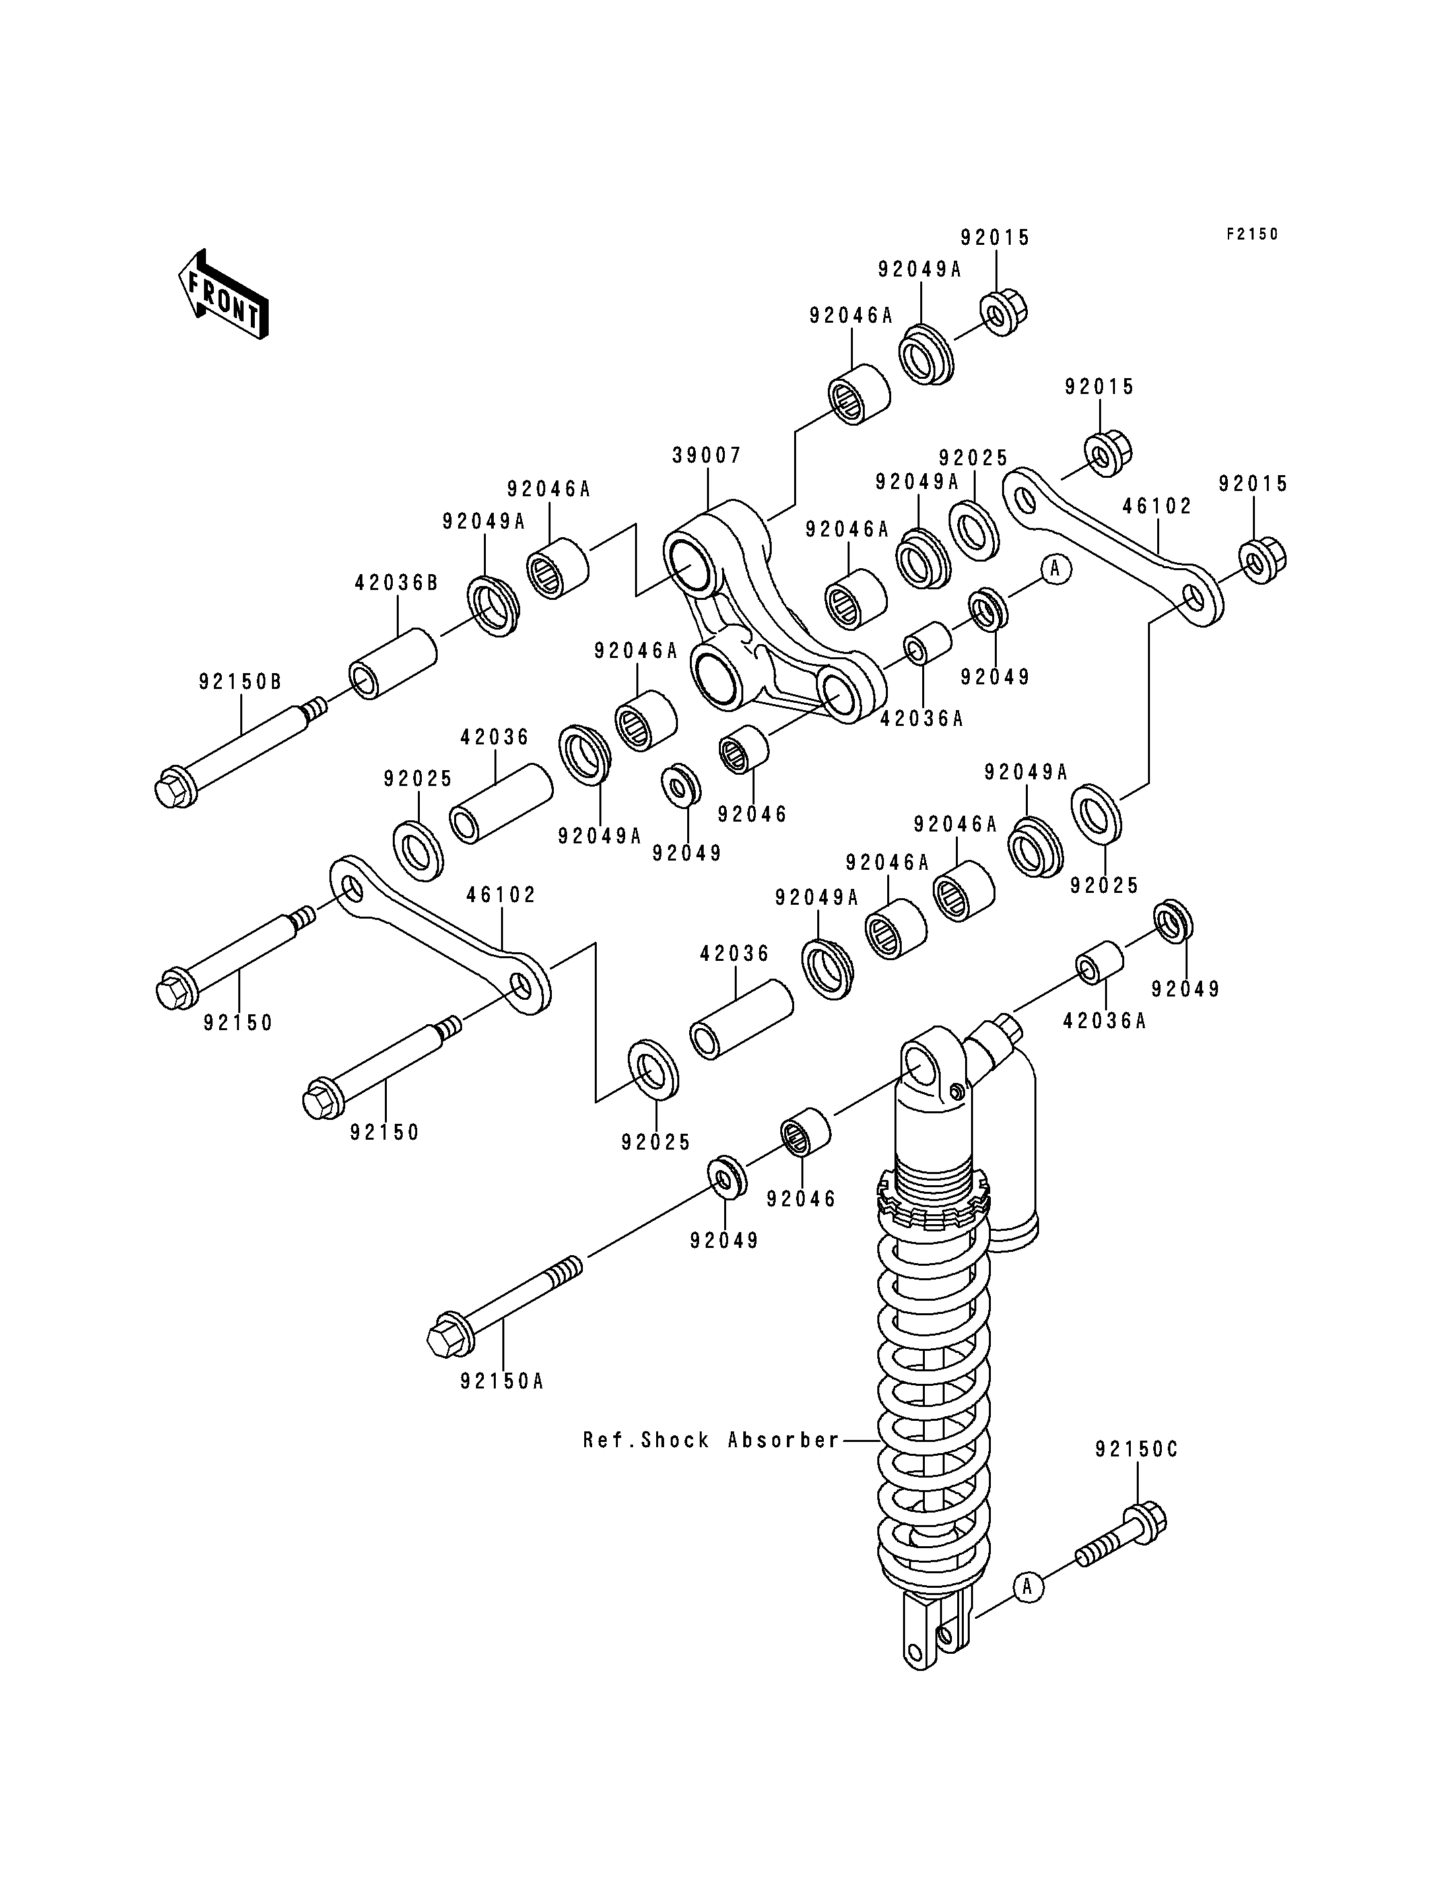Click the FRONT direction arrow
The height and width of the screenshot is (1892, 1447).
tap(223, 294)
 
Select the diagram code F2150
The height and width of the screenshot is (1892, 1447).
tap(1252, 234)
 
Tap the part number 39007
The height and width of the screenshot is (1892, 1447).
tap(706, 455)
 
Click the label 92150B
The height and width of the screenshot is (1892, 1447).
tap(240, 682)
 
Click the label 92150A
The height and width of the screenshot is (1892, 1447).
tap(502, 1381)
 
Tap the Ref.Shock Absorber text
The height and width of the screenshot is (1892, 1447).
tap(710, 1440)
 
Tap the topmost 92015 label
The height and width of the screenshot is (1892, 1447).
tap(995, 238)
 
